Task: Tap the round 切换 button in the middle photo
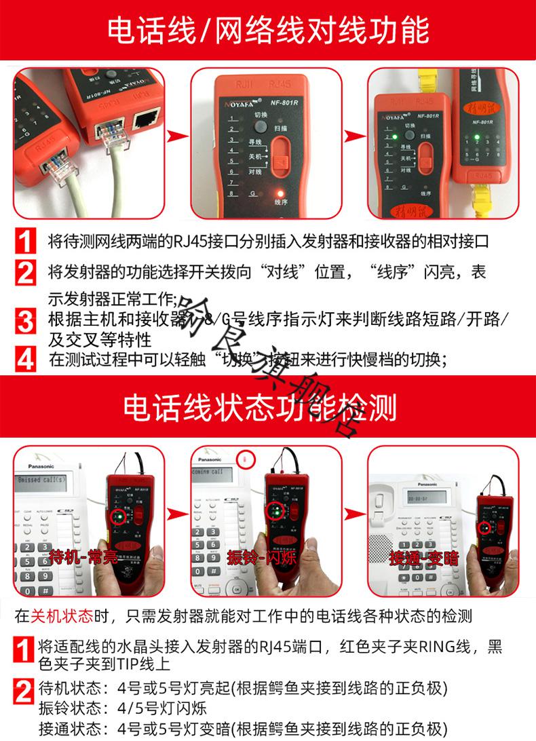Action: [260, 126]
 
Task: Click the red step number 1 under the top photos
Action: [25, 242]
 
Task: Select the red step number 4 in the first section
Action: [25, 358]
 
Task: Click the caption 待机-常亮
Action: [83, 559]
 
